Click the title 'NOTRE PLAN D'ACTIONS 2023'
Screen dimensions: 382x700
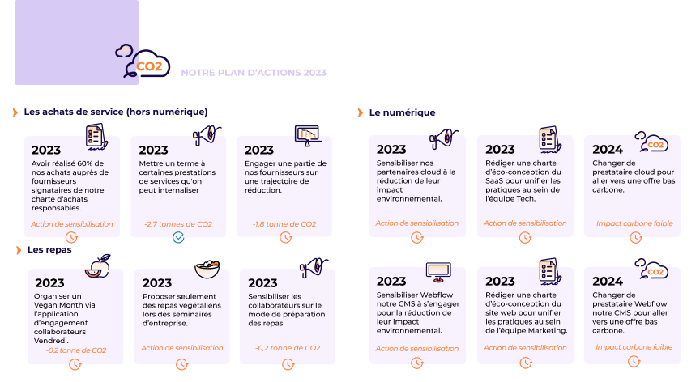254,73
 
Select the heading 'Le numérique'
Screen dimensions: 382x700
402,112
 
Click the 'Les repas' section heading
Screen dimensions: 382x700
49,250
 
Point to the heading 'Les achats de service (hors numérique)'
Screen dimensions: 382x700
115,112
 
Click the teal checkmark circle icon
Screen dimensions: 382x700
178,237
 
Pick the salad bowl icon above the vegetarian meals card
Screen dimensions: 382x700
207,268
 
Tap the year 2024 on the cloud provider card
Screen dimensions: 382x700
608,149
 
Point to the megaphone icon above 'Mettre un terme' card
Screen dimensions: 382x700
203,134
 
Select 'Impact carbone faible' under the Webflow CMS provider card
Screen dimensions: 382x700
634,347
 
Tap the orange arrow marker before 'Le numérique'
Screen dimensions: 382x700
361,112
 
